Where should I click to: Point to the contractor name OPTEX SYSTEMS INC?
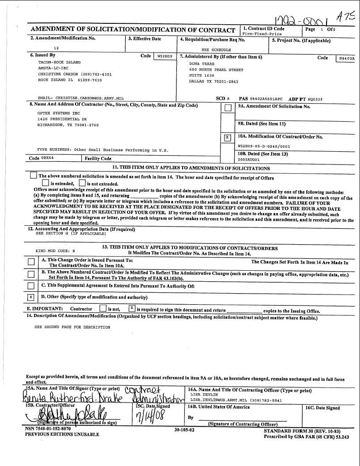click(52, 113)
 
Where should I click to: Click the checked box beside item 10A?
click(228, 138)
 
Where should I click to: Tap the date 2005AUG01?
click(249, 160)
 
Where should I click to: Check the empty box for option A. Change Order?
click(31, 262)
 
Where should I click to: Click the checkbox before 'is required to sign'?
click(131, 309)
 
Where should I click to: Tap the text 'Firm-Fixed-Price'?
click(262, 34)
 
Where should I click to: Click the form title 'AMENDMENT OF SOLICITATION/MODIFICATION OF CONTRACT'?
click(133, 30)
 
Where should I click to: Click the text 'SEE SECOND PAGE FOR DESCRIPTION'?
click(72, 328)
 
